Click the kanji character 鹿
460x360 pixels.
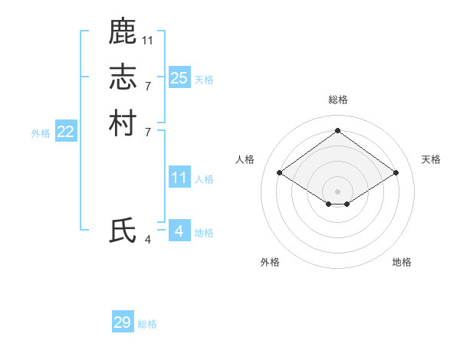point(123,31)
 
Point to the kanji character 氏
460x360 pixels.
point(123,231)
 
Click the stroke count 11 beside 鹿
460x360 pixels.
point(148,40)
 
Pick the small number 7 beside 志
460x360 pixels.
point(148,85)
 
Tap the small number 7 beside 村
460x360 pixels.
point(148,131)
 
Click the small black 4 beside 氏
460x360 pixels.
point(148,240)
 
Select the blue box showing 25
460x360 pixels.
point(179,77)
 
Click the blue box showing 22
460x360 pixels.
point(66,132)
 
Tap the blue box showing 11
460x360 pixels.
point(179,178)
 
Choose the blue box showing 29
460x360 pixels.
point(123,322)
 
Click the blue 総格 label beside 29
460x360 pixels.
point(148,324)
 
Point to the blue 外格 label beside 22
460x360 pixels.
point(41,133)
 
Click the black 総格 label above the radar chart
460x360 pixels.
point(338,100)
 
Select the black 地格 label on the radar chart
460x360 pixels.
point(402,262)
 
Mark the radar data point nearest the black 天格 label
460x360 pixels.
point(396,173)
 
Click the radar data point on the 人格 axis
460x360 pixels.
point(280,173)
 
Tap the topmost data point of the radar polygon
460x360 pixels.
point(338,130)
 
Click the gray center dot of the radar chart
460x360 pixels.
point(338,191)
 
